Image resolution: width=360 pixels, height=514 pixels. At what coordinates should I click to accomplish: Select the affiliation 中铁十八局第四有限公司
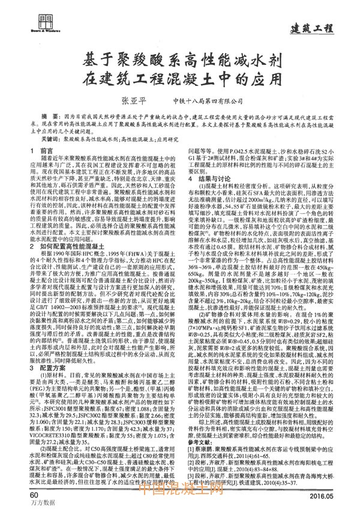[x=207, y=100]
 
